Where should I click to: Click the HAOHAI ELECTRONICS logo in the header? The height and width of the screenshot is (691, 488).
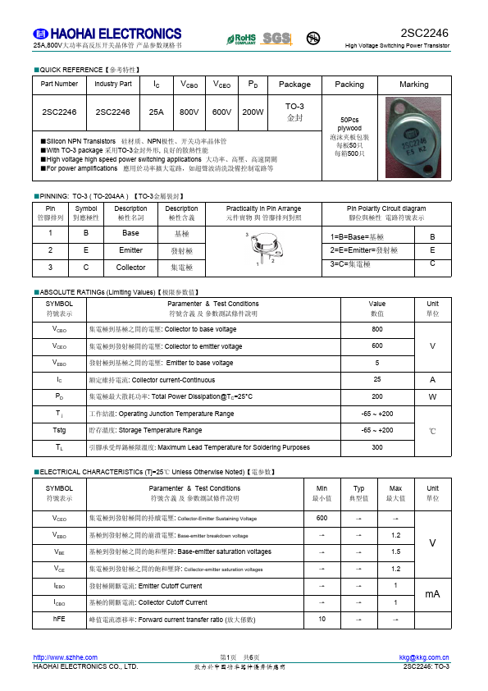pos(107,34)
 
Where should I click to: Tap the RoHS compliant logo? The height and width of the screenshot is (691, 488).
pos(241,39)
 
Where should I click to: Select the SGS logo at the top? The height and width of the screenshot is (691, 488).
pos(276,39)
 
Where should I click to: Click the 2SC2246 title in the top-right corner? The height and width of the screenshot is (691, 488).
pos(424,33)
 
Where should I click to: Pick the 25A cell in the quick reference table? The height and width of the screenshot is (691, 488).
pos(156,112)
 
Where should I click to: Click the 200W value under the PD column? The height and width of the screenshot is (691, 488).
pos(253,112)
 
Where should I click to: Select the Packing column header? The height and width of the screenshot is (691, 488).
pos(349,84)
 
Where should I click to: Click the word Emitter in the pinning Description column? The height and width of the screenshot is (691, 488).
pos(131,250)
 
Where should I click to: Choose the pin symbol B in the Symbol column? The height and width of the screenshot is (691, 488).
pos(86,233)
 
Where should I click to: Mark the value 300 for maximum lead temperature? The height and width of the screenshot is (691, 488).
pos(377,448)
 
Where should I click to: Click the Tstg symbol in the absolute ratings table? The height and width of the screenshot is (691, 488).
pos(59,431)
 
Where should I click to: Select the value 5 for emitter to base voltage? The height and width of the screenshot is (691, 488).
pos(377,363)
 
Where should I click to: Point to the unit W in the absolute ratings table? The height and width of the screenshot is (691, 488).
pos(432,396)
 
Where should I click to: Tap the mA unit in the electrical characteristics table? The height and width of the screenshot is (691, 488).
pos(432,594)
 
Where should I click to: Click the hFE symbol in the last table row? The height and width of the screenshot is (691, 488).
pos(59,619)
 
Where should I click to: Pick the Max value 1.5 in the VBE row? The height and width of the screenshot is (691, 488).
pos(395,551)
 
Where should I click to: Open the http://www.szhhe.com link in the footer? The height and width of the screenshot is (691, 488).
pos(65,657)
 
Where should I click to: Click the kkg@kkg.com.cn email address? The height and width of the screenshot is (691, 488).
pos(424,657)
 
